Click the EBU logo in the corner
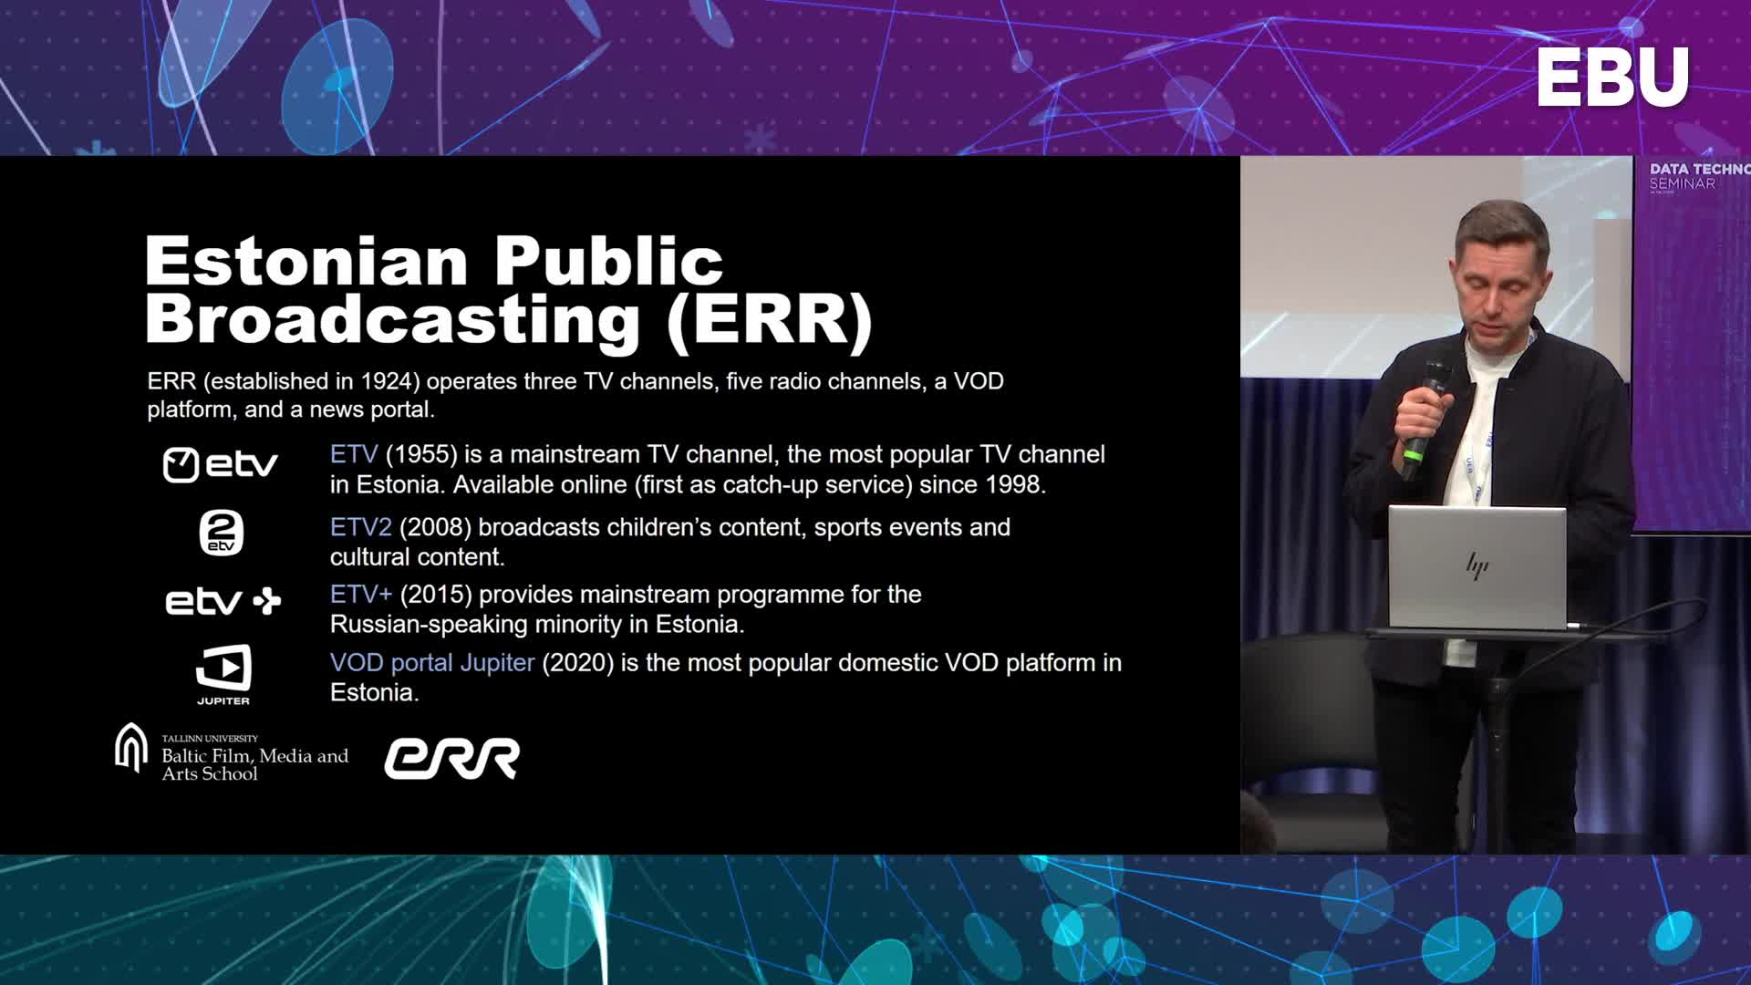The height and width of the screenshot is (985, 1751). (x=1612, y=78)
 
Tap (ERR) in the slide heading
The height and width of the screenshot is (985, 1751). (x=770, y=319)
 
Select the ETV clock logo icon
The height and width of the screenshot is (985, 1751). (x=181, y=465)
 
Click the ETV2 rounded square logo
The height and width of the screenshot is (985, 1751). (x=222, y=533)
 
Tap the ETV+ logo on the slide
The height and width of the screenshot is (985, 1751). (x=223, y=601)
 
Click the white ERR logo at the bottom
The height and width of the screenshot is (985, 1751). (x=451, y=759)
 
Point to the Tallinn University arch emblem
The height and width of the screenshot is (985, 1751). (x=131, y=748)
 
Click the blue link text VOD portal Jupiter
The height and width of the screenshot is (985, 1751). (x=431, y=662)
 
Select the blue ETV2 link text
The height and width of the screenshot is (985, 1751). (x=360, y=527)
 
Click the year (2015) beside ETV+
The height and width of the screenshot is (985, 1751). (x=436, y=595)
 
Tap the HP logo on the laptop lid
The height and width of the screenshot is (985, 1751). (x=1477, y=566)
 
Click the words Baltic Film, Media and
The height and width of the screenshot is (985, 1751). (x=254, y=756)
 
